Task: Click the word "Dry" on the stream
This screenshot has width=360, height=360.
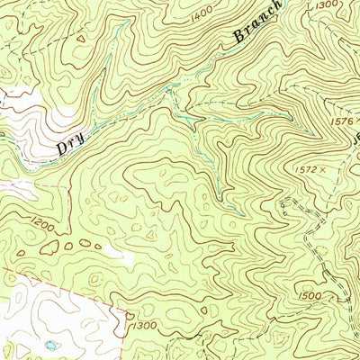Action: [x=75, y=139]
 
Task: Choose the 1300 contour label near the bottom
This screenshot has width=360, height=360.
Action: [x=143, y=324]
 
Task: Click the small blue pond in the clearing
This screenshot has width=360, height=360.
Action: [x=51, y=345]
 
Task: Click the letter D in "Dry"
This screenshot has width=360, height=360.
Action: [x=63, y=148]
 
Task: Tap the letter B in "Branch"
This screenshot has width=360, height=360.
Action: [x=238, y=38]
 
